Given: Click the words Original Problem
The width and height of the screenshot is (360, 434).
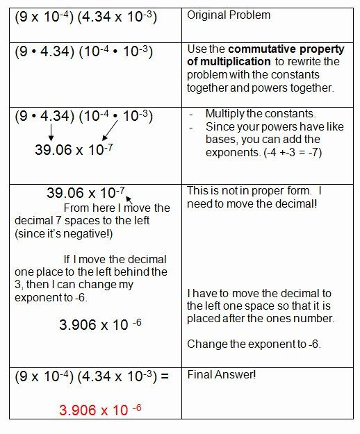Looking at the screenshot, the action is pos(229,14).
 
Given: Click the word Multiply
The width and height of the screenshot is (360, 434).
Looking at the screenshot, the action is pos(227,113).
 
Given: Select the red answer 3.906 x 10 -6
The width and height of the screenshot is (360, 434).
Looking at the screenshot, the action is pos(94,410).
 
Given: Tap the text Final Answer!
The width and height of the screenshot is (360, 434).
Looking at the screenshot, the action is pos(222,375).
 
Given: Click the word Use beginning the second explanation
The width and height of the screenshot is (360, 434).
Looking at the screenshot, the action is pos(199,49).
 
